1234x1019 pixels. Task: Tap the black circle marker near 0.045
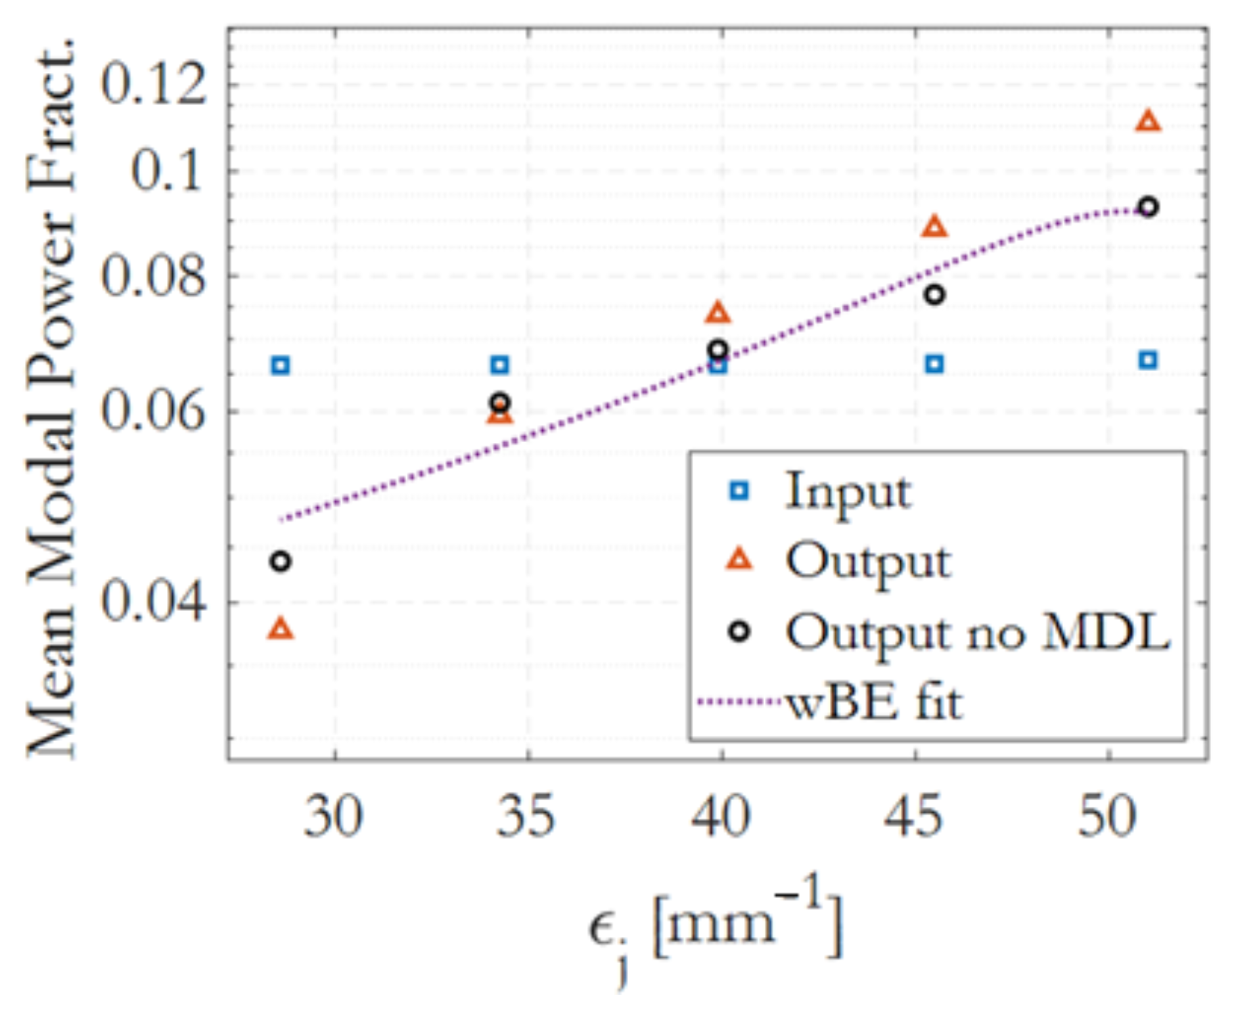point(281,562)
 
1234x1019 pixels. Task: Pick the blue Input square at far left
point(281,365)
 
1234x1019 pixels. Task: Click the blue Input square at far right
point(1147,360)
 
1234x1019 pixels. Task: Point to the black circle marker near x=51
point(1147,208)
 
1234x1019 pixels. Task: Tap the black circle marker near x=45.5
point(934,295)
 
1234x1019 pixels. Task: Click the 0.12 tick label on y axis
point(152,85)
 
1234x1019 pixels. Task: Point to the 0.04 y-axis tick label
point(152,602)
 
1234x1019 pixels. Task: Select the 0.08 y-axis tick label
point(152,276)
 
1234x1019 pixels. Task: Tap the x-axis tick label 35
point(526,817)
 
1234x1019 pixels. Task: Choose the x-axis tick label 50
point(1108,817)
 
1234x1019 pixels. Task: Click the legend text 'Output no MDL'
point(977,632)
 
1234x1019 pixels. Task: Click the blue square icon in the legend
point(739,490)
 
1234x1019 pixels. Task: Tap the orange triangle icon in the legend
point(739,560)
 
